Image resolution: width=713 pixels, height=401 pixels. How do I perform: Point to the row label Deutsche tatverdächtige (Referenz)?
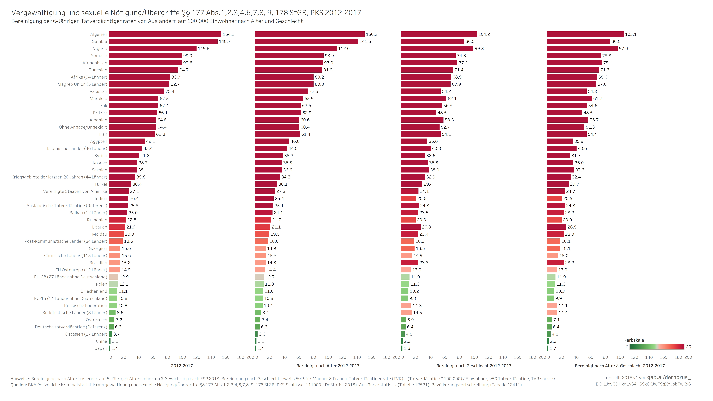coord(71,327)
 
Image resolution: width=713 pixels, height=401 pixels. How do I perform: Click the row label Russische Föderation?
coord(85,306)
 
